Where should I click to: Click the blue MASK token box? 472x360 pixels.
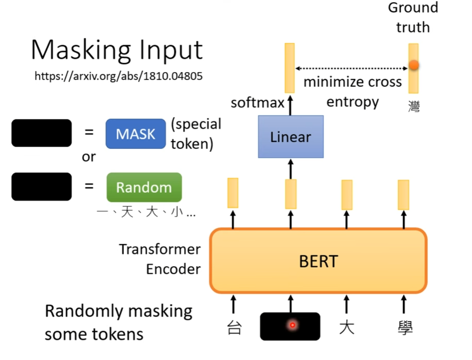(x=136, y=134)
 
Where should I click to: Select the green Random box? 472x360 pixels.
(x=144, y=187)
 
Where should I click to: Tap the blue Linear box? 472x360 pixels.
(x=291, y=137)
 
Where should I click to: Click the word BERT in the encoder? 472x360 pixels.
(x=318, y=261)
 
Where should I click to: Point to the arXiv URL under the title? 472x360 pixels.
(x=118, y=76)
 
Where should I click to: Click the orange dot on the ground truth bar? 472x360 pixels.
(x=413, y=65)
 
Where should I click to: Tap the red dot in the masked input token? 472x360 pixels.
(x=292, y=325)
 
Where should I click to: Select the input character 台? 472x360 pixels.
(x=234, y=328)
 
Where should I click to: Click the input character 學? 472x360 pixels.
(x=404, y=328)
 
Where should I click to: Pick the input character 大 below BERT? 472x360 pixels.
(x=347, y=328)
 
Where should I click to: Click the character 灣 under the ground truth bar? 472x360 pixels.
(x=414, y=105)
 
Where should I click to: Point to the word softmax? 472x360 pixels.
(x=257, y=103)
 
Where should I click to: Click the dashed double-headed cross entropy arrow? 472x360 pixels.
(x=352, y=68)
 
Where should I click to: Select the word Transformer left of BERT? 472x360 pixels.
(x=160, y=249)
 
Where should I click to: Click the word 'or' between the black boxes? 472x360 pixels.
(x=89, y=157)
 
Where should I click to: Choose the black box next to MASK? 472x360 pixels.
(x=41, y=133)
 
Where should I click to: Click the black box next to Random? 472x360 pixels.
(x=41, y=186)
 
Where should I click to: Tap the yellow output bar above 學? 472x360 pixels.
(x=403, y=195)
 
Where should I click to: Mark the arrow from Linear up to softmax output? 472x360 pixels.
(x=290, y=105)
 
